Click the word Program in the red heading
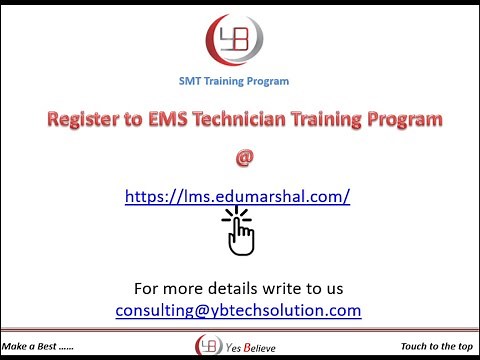400,122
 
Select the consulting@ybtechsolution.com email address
238,310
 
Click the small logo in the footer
206,343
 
